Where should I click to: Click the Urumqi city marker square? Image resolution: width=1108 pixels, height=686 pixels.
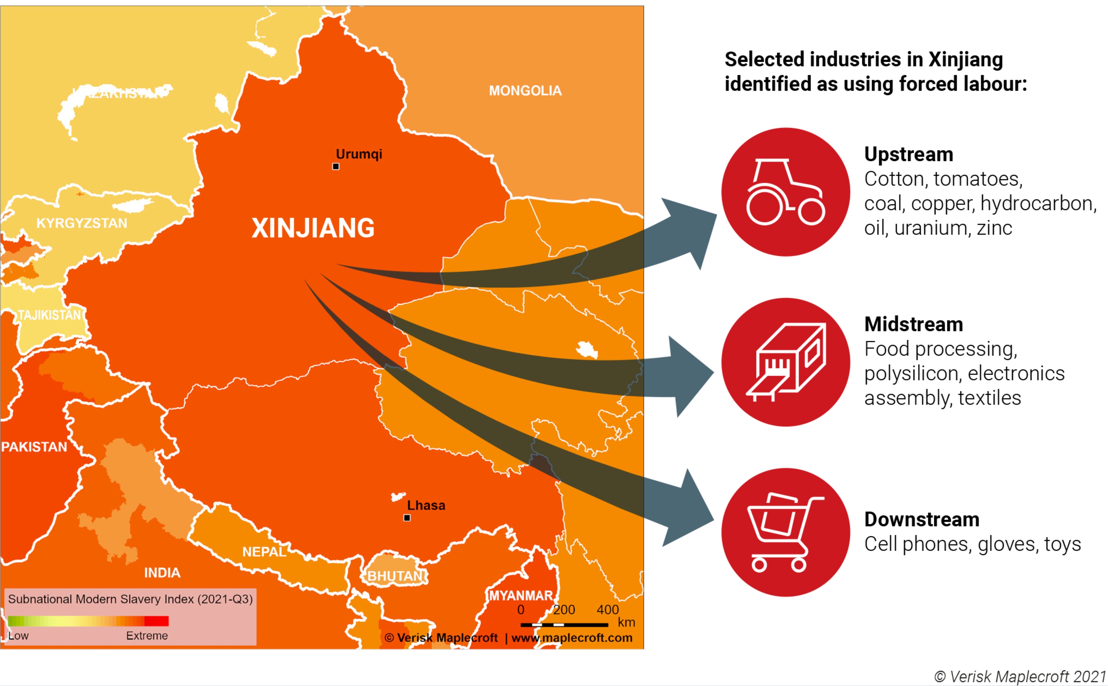click(336, 166)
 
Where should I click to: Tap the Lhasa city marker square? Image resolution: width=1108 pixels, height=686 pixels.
click(407, 518)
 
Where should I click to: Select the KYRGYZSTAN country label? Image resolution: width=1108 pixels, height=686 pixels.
click(82, 223)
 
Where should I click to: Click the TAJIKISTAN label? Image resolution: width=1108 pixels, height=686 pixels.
click(50, 315)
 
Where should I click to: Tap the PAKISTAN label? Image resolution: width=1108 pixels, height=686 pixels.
click(34, 447)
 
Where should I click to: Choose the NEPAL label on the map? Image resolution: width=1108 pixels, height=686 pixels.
click(264, 552)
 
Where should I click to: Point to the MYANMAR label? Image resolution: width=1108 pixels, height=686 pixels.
click(521, 595)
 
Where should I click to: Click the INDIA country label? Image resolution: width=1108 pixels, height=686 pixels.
click(162, 573)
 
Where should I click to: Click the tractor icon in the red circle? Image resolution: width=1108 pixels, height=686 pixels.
click(785, 192)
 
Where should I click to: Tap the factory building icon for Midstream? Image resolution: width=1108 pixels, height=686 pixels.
click(785, 362)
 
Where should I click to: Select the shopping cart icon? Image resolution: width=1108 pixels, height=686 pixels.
click(785, 532)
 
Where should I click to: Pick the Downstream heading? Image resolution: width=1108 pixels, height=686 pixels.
click(922, 520)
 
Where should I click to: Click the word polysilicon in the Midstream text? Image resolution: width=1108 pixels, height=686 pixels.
click(912, 374)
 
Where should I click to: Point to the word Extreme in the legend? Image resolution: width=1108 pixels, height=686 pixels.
click(146, 635)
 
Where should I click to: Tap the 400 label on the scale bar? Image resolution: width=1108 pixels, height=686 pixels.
click(607, 609)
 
